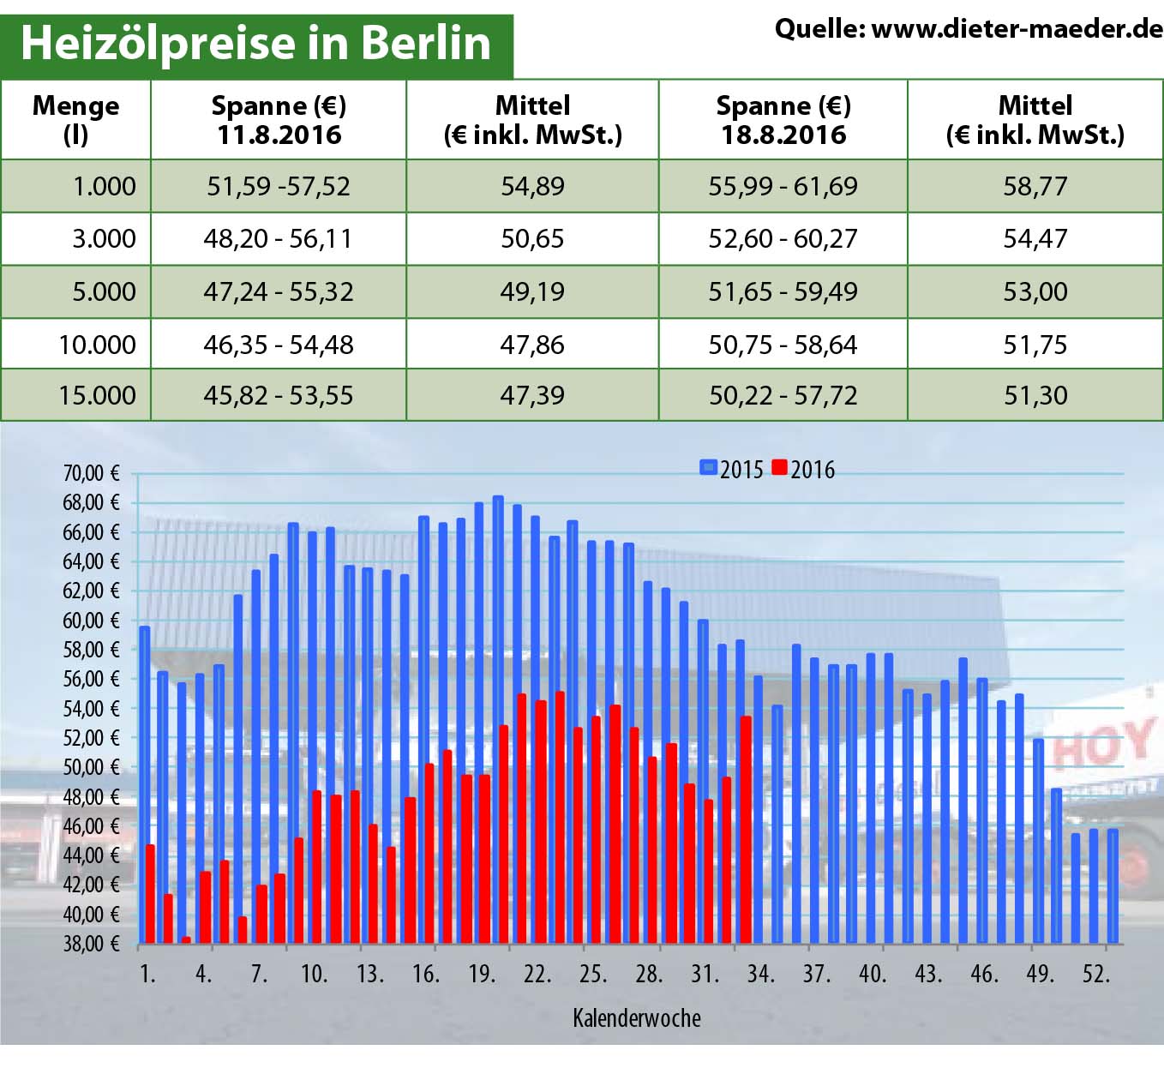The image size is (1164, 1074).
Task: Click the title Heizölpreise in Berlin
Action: [x=255, y=44]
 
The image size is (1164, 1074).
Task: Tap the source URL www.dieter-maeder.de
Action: [x=1017, y=29]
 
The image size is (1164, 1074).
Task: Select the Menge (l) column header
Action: [x=75, y=120]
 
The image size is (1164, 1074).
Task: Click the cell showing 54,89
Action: [x=532, y=186]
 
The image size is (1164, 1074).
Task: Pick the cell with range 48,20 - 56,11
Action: [x=278, y=238]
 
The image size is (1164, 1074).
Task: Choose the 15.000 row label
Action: [x=97, y=395]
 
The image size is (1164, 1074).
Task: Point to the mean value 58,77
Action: [x=1035, y=186]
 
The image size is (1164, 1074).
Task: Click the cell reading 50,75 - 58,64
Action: [x=783, y=345]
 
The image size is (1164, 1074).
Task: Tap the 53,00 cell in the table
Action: [x=1035, y=291]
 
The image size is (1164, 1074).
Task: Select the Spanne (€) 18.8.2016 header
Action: [x=783, y=120]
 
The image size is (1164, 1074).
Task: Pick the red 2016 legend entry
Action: [x=803, y=469]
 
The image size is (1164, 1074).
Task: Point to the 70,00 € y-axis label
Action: [x=91, y=473]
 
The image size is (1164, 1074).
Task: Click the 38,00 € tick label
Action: [x=91, y=944]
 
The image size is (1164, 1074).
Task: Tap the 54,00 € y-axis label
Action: [x=91, y=709]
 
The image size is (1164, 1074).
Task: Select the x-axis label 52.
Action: [x=1096, y=974]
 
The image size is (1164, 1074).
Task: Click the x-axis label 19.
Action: [x=482, y=974]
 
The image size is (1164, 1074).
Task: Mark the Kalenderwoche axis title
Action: [x=636, y=1017]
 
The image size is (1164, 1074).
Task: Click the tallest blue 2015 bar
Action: [x=498, y=720]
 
